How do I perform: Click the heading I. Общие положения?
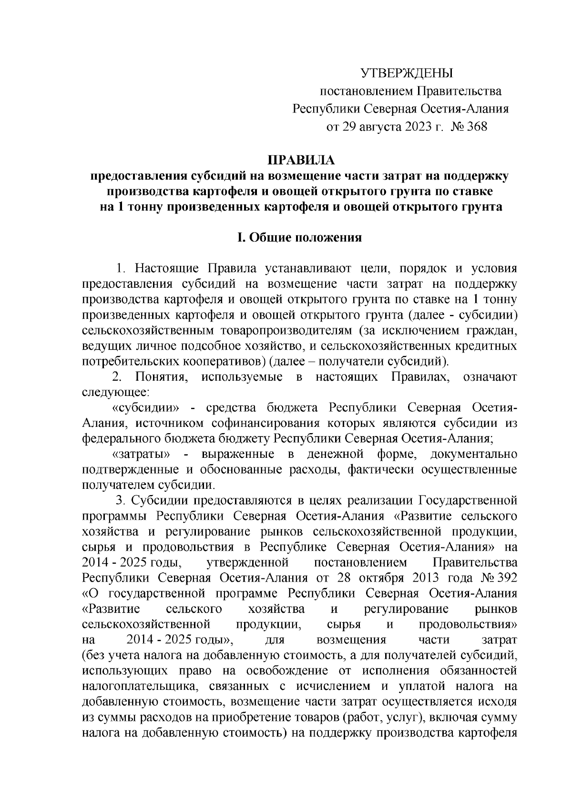pos(300,237)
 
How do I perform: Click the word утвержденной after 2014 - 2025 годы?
pos(248,563)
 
